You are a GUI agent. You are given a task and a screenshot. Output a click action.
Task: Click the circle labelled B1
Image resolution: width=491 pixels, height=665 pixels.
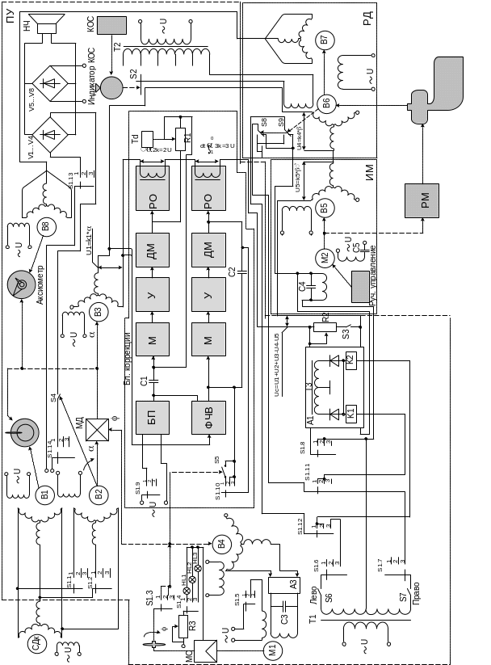pyautogui.click(x=46, y=495)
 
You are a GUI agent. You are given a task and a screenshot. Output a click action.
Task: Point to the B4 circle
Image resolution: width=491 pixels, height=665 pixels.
pyautogui.click(x=223, y=544)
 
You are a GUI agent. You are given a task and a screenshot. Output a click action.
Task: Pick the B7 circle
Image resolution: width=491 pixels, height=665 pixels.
pyautogui.click(x=325, y=39)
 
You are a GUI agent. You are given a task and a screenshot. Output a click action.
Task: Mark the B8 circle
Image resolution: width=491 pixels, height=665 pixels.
pyautogui.click(x=46, y=227)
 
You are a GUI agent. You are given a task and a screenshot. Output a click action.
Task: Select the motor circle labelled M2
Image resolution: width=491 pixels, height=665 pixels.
pyautogui.click(x=325, y=259)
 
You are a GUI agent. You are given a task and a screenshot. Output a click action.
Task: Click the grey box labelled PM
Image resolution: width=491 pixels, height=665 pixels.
pyautogui.click(x=422, y=200)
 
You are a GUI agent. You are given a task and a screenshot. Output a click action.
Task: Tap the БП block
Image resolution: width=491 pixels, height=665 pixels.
pyautogui.click(x=153, y=417)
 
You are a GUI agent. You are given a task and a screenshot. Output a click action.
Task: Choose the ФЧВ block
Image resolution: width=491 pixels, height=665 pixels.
pyautogui.click(x=209, y=417)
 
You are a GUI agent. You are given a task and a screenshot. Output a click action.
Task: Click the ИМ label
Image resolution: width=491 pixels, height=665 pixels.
pyautogui.click(x=368, y=171)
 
